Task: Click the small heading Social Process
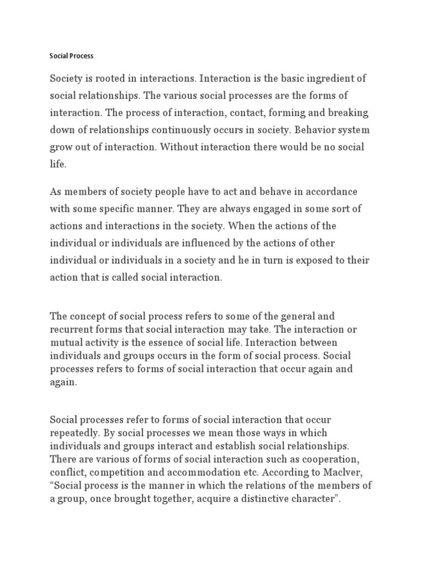tap(72, 56)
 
